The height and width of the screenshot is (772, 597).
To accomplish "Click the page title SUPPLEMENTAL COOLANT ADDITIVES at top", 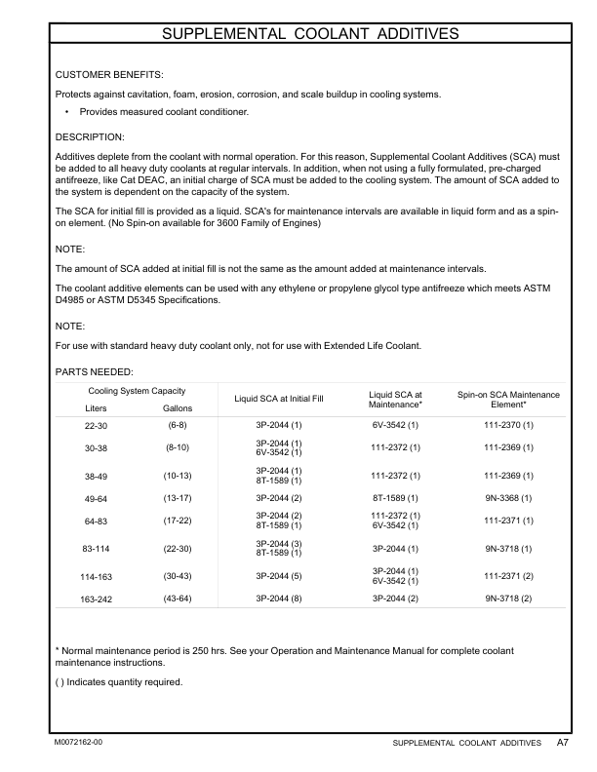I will (309, 35).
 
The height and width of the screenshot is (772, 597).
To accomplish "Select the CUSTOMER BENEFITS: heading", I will (109, 75).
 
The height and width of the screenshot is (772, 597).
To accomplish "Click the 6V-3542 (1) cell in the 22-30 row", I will (395, 426).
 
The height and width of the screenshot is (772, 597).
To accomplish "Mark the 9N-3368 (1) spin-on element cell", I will (508, 498).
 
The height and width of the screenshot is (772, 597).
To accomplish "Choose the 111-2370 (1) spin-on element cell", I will (508, 426).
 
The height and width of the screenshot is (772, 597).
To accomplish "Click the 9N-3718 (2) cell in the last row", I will (508, 595).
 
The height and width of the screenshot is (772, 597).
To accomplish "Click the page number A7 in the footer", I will (563, 743).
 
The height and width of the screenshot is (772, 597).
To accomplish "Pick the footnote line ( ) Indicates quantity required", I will (118, 681).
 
